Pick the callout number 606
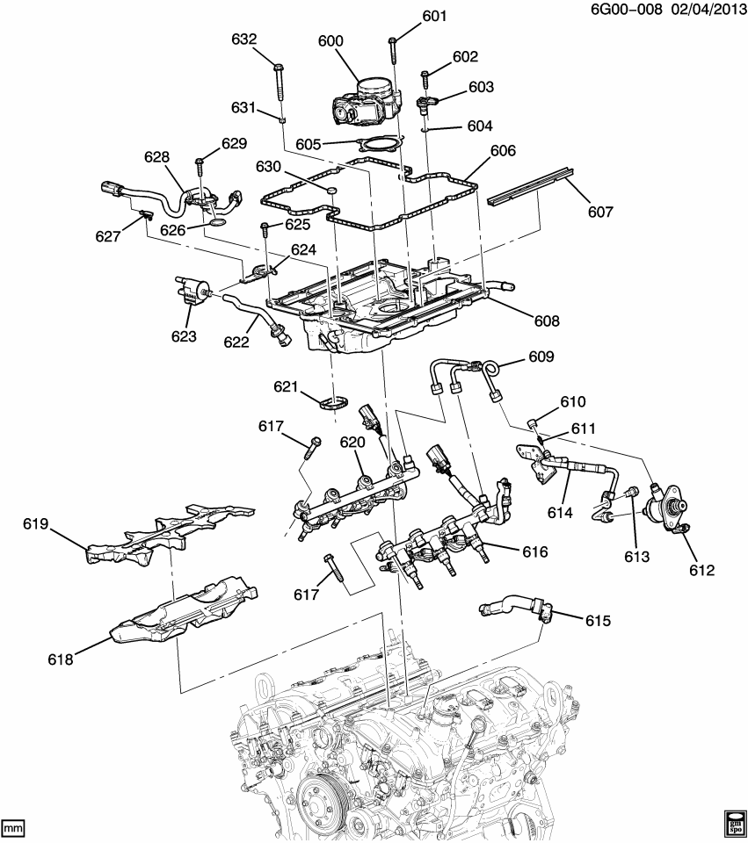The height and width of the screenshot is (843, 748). (502, 151)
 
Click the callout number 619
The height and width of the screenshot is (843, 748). (35, 525)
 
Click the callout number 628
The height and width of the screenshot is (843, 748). (156, 156)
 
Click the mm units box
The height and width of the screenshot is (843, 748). (12, 828)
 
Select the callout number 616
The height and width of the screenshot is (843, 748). (534, 552)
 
